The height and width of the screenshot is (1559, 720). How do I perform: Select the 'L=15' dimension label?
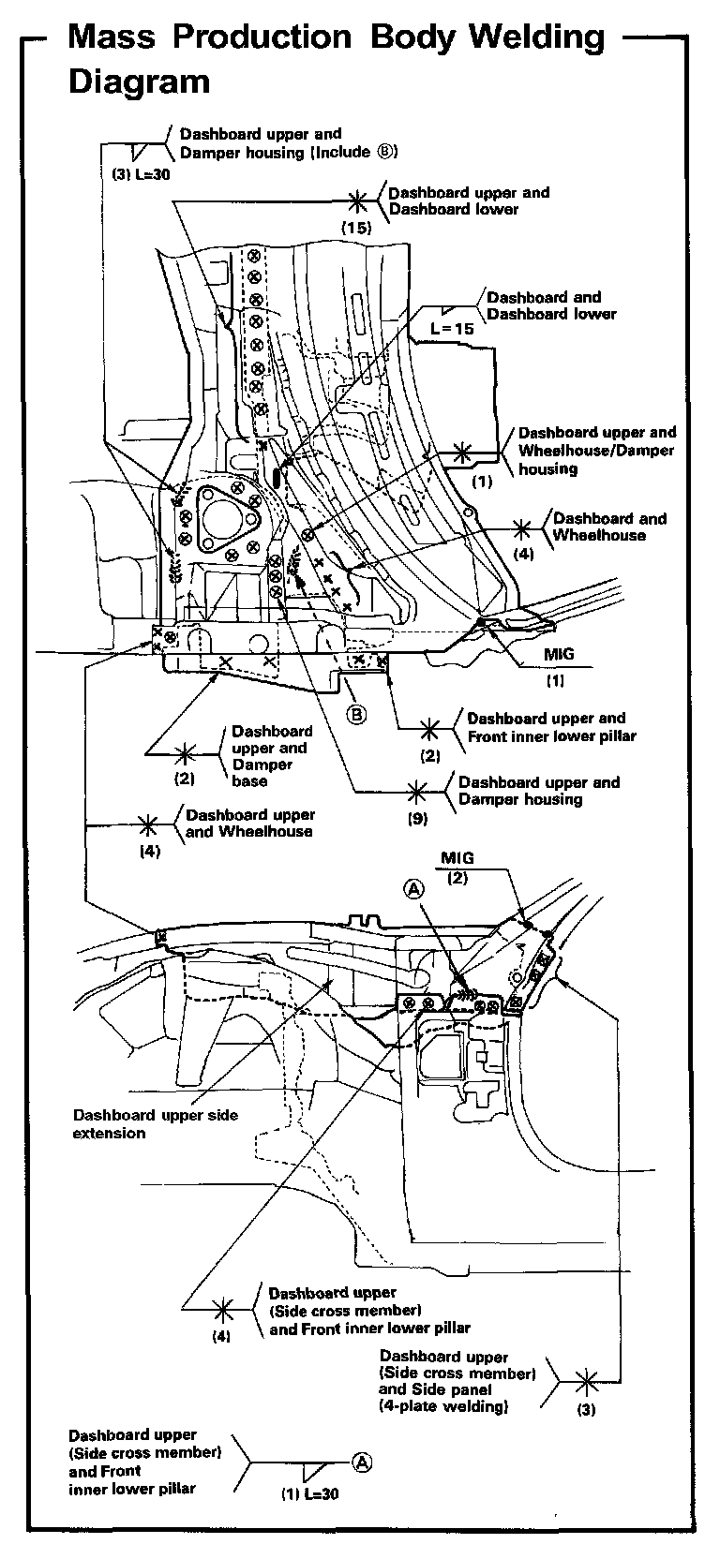point(452,329)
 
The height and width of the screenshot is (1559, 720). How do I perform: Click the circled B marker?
point(357,714)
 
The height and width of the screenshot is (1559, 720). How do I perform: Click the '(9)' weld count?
point(417,819)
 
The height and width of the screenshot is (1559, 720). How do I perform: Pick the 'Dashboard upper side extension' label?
point(155,1123)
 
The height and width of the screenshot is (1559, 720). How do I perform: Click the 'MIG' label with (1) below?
point(559,654)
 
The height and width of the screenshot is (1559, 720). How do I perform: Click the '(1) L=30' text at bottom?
point(309,1494)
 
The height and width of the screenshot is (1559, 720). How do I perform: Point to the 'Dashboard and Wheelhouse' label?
point(609,527)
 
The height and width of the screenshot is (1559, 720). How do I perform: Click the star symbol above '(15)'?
point(357,200)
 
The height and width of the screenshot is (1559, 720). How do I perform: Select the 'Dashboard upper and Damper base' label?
point(272,755)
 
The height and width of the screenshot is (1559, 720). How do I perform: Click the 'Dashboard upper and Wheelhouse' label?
point(249,823)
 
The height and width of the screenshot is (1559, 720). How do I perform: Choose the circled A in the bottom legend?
point(363,1461)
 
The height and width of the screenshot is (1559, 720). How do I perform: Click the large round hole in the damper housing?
point(218,517)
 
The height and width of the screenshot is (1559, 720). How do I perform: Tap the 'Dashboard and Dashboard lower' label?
point(551,305)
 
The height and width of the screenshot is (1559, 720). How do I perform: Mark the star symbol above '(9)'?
point(418,791)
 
